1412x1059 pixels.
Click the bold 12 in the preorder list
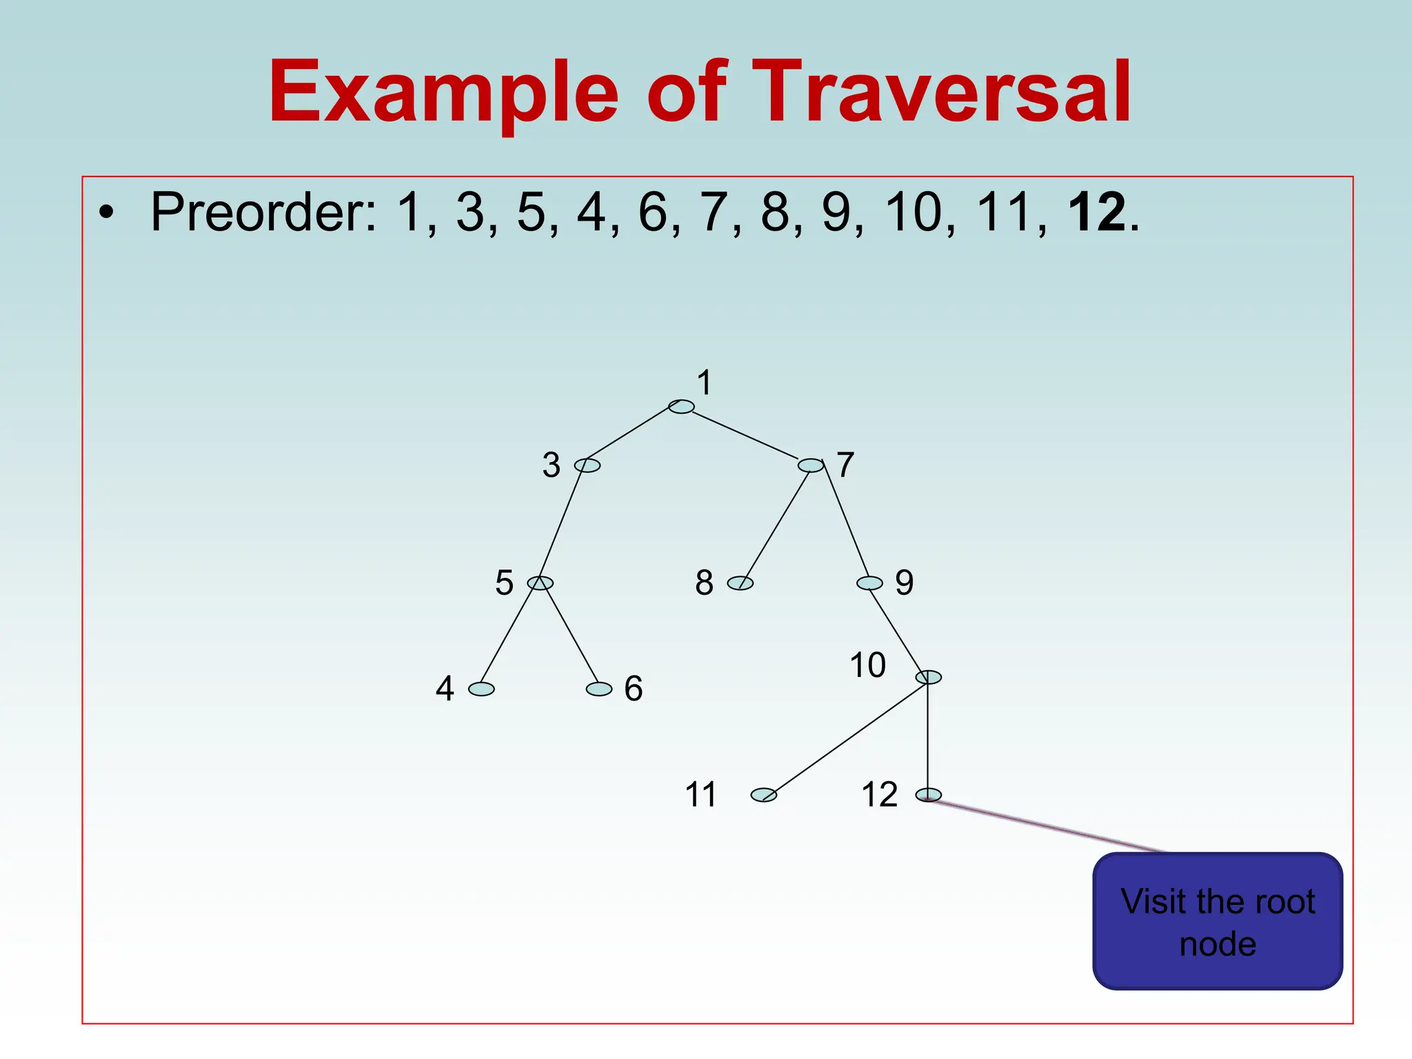[x=1097, y=212]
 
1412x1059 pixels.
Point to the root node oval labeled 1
[x=681, y=407]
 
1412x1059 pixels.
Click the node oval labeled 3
[x=587, y=465]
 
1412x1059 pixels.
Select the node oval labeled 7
[x=811, y=465]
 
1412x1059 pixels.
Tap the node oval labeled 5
[x=540, y=583]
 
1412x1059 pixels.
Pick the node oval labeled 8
[x=740, y=583]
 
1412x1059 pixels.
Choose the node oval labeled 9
[x=869, y=583]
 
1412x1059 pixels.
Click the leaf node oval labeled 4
[x=481, y=689]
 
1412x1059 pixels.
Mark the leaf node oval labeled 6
[x=599, y=689]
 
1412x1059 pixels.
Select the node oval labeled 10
[x=929, y=677]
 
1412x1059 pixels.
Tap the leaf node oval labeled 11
[x=764, y=795]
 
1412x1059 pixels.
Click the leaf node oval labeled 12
[x=929, y=795]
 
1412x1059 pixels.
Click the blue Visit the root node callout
[x=1218, y=922]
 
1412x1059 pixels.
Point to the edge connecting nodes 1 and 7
[x=745, y=435]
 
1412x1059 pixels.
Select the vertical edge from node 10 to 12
[x=928, y=736]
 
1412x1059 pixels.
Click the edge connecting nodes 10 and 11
[x=848, y=736]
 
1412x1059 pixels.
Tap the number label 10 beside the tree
[x=867, y=665]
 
